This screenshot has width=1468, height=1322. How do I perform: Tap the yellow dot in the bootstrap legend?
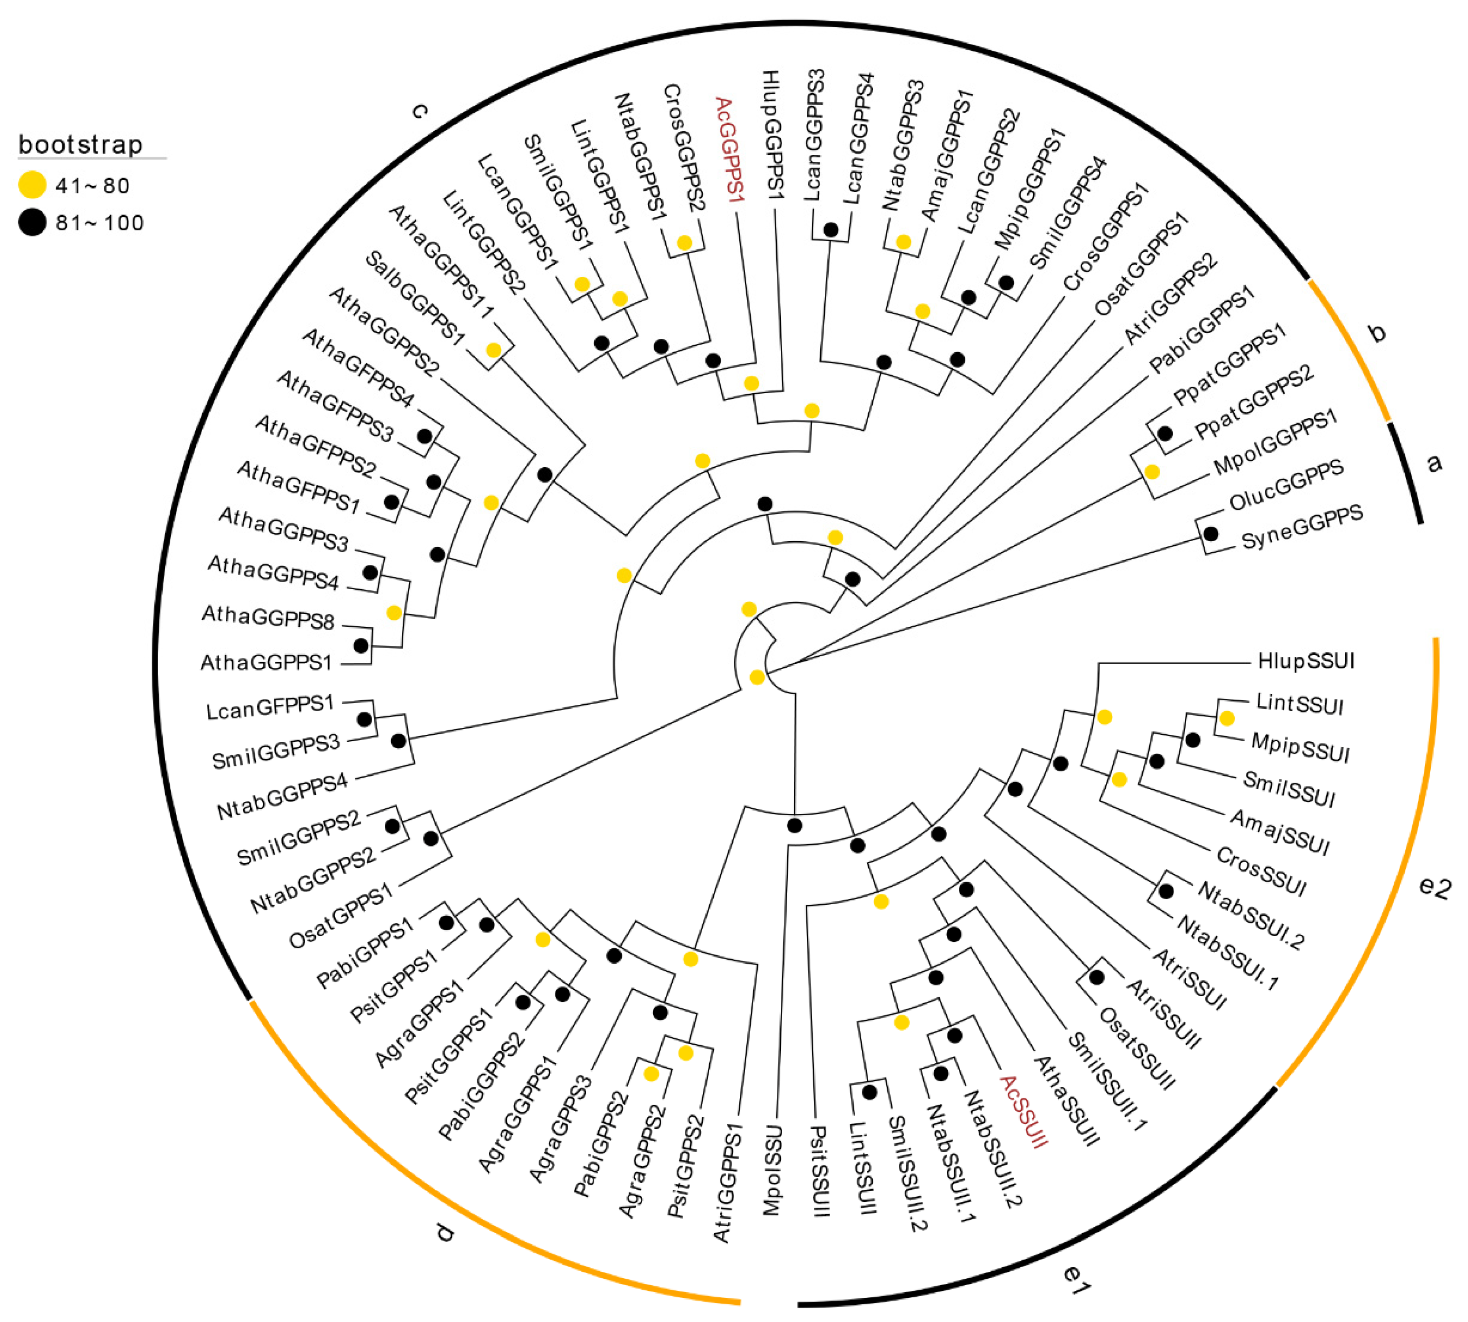[x=32, y=185]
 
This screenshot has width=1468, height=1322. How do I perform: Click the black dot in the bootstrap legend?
[x=32, y=222]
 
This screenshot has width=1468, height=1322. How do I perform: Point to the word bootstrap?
[x=80, y=145]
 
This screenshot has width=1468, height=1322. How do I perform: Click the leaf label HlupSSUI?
[x=1305, y=661]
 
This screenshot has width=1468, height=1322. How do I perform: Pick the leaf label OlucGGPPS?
[x=1286, y=484]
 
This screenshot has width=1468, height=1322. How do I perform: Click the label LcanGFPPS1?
[x=270, y=707]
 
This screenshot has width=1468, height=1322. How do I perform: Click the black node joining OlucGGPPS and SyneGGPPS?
[x=1211, y=534]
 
